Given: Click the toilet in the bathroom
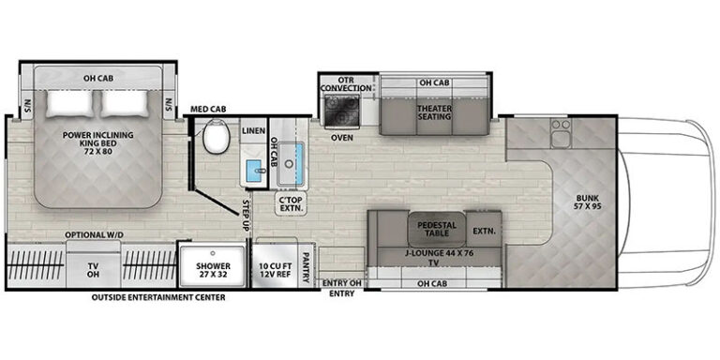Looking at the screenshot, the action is click(x=216, y=136).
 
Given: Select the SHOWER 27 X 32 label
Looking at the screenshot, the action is click(x=213, y=270).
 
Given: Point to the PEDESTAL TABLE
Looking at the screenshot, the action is click(x=437, y=229).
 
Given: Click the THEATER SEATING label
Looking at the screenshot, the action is click(x=434, y=112).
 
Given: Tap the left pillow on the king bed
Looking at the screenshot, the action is click(x=71, y=103).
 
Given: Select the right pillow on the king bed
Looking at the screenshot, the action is click(x=124, y=103).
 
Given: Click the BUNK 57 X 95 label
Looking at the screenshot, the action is click(x=589, y=202).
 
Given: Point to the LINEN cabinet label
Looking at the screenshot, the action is click(x=253, y=131).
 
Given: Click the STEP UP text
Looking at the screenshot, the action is click(x=246, y=216).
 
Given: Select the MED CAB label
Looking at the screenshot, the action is click(x=208, y=109).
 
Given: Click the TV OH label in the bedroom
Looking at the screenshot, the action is click(x=93, y=270).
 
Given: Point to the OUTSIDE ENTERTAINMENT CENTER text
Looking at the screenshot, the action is click(x=158, y=297).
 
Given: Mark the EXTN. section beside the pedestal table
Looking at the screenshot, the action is click(x=484, y=231).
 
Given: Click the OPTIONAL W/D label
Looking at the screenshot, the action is click(x=94, y=234).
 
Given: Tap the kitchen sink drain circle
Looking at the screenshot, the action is click(x=290, y=163).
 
